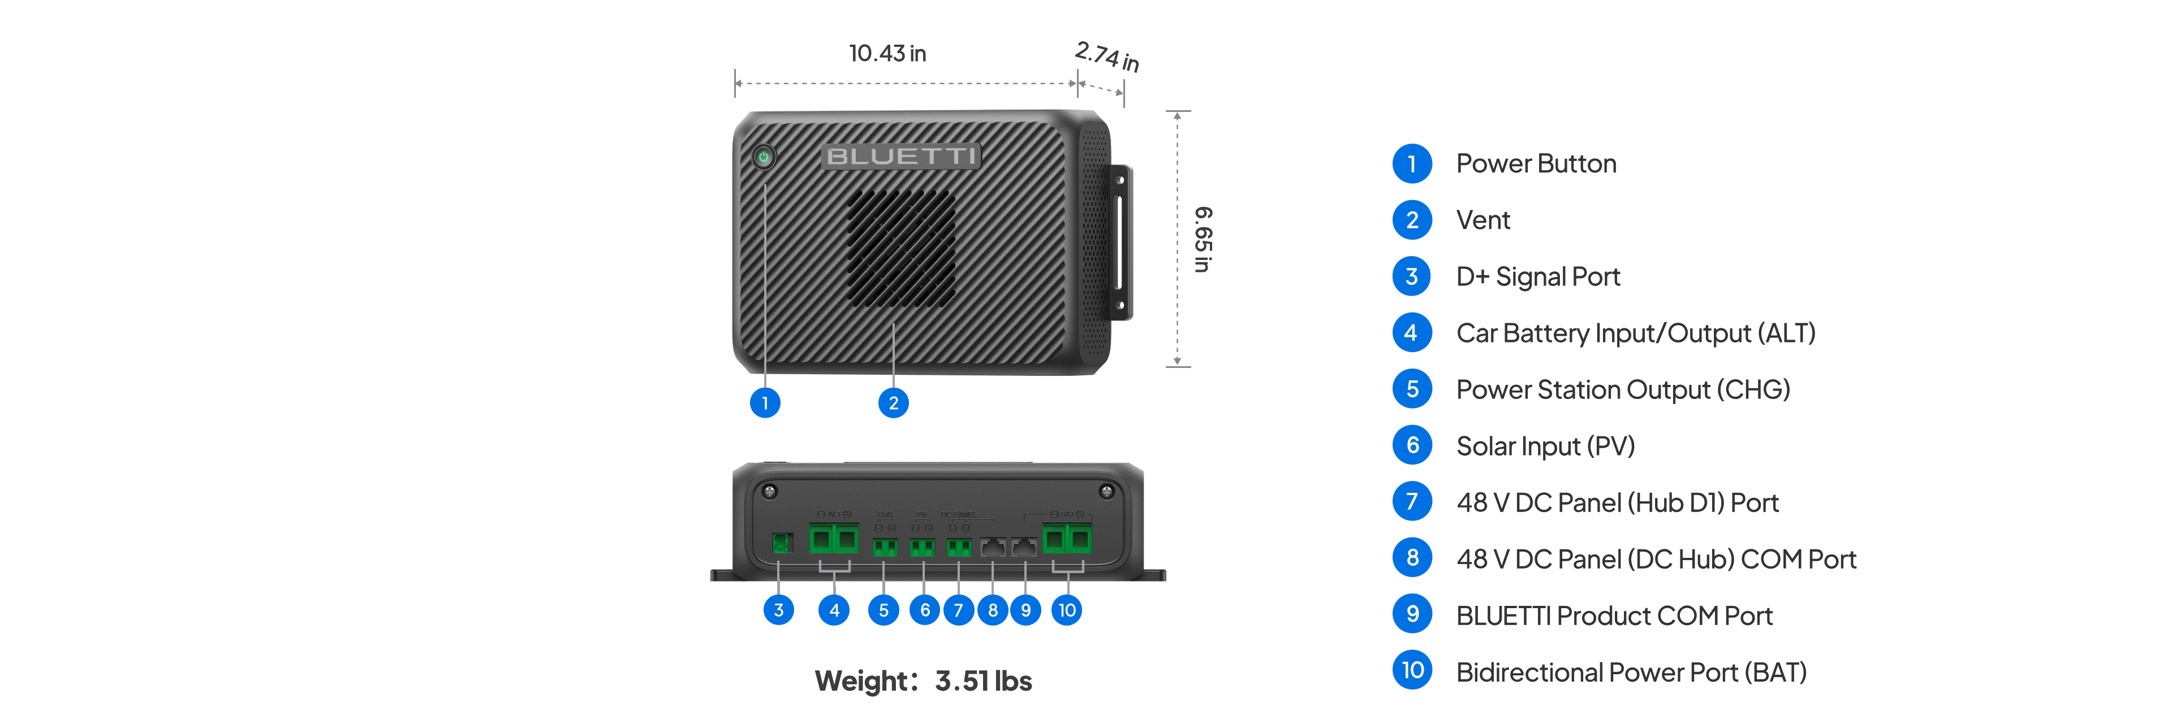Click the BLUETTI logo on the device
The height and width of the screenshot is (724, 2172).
pyautogui.click(x=900, y=157)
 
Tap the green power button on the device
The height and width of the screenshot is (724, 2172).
pyautogui.click(x=764, y=157)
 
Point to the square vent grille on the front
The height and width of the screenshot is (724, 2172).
pyautogui.click(x=902, y=248)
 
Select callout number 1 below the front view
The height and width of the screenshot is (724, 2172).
pyautogui.click(x=765, y=403)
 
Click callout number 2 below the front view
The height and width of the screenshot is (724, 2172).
pyautogui.click(x=894, y=403)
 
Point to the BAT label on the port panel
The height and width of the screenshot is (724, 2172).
pyautogui.click(x=1067, y=514)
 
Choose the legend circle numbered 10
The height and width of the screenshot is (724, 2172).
pyautogui.click(x=1412, y=670)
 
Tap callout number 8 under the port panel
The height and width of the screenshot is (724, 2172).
pyautogui.click(x=993, y=609)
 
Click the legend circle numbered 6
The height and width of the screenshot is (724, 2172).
pyautogui.click(x=1412, y=445)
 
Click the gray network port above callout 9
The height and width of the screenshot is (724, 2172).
pyautogui.click(x=1024, y=548)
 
